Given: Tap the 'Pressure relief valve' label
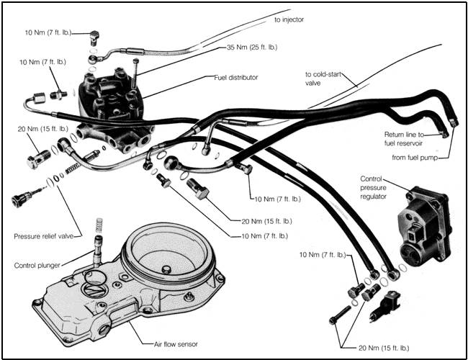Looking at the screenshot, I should (46, 236).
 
